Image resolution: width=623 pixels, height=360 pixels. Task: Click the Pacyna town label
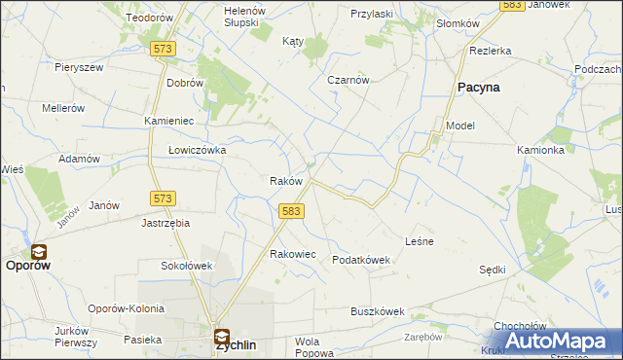479,88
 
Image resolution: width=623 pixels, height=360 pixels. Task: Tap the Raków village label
285,181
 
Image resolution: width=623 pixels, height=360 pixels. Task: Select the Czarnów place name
348,81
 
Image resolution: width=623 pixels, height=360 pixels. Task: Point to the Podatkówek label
360,260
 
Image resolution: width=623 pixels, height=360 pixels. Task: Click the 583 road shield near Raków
289,210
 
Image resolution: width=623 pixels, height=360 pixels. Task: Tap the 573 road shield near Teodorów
163,47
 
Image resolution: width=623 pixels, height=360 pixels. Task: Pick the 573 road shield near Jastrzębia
163,198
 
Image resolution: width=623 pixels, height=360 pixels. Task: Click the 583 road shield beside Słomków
512,5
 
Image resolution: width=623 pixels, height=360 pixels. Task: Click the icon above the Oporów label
38,250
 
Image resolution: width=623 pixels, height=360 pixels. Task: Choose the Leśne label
419,240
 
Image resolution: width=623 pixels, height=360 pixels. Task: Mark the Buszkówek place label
378,312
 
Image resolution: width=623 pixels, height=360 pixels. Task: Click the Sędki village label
493,270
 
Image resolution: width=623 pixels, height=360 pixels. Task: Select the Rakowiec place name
292,254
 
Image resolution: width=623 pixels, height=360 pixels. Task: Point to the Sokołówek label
186,265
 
